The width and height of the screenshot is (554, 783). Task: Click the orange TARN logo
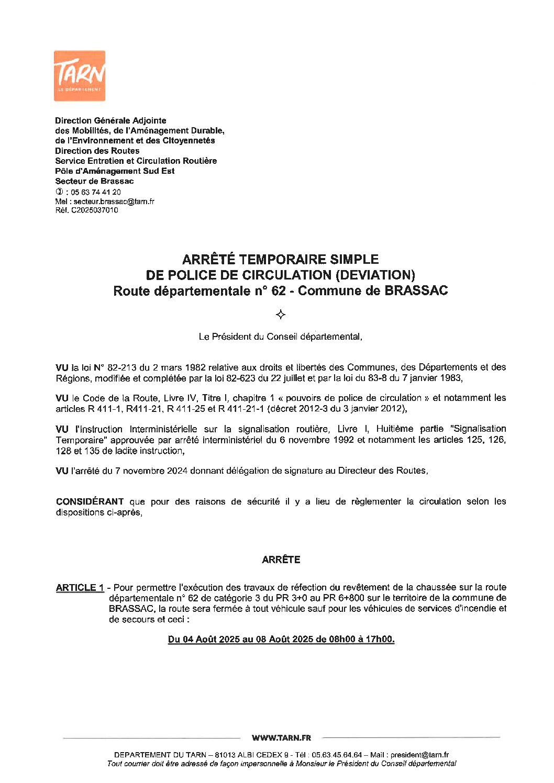pyautogui.click(x=80, y=75)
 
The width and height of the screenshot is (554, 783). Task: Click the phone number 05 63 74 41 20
pyautogui.click(x=96, y=192)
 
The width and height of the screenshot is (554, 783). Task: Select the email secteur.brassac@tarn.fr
pyautogui.click(x=114, y=202)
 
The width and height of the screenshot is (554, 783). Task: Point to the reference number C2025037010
pyautogui.click(x=94, y=210)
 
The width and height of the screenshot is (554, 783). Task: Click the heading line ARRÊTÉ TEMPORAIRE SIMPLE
pyautogui.click(x=280, y=259)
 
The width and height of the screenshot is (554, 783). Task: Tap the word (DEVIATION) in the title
pyautogui.click(x=375, y=275)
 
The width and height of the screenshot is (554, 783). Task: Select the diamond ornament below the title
pyautogui.click(x=281, y=315)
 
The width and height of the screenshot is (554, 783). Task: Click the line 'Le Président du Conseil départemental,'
pyautogui.click(x=280, y=337)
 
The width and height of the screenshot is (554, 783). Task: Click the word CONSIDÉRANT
pyautogui.click(x=90, y=501)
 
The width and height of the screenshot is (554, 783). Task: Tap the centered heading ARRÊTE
pyautogui.click(x=281, y=560)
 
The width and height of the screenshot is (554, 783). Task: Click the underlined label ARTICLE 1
pyautogui.click(x=80, y=588)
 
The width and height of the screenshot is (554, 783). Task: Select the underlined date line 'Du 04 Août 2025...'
pyautogui.click(x=281, y=639)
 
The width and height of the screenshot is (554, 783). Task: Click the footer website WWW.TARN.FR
pyautogui.click(x=281, y=738)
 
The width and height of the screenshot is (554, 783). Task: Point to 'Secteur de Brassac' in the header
pyautogui.click(x=94, y=181)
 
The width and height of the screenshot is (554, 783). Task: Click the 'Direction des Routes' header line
pyautogui.click(x=97, y=151)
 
